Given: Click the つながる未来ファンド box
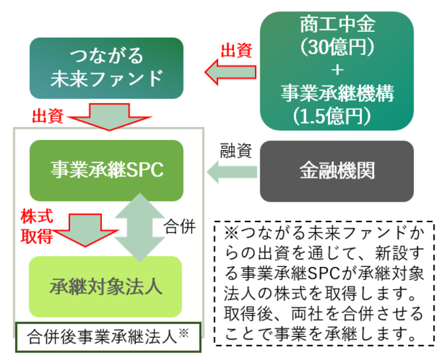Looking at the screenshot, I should click(107, 68).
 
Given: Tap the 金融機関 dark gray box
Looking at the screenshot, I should click(337, 170).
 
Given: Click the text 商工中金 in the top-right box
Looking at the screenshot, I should click(337, 25).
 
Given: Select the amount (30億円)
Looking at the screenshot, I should click(337, 48).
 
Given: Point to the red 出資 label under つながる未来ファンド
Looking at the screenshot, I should click(47, 115).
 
